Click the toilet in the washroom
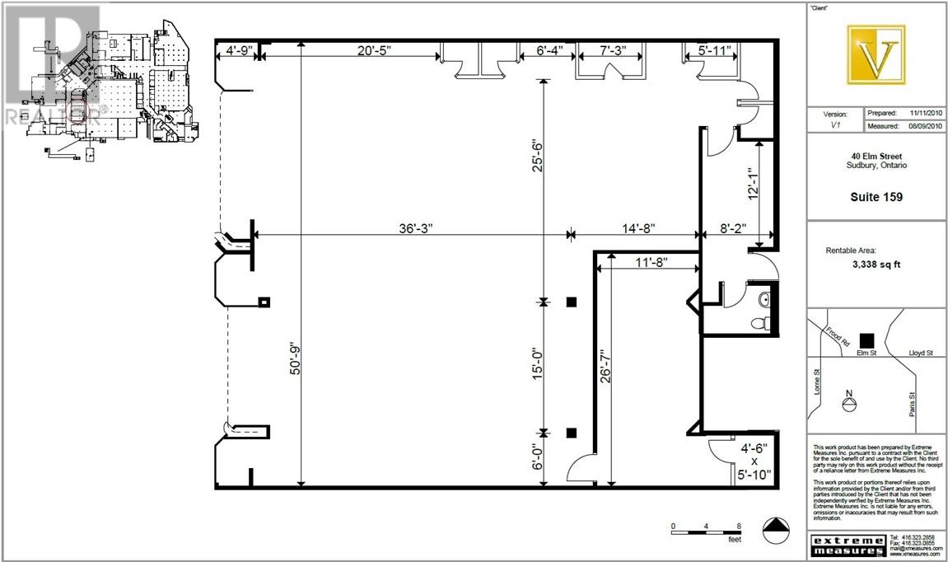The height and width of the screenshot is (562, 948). pos(765,321)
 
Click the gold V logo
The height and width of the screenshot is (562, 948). pos(876,54)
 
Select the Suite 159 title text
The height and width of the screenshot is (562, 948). pos(876,197)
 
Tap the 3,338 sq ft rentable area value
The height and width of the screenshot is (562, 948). pos(876,265)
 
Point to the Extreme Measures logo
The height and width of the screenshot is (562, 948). pos(848,546)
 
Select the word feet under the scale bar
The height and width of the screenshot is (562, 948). pos(733,540)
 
